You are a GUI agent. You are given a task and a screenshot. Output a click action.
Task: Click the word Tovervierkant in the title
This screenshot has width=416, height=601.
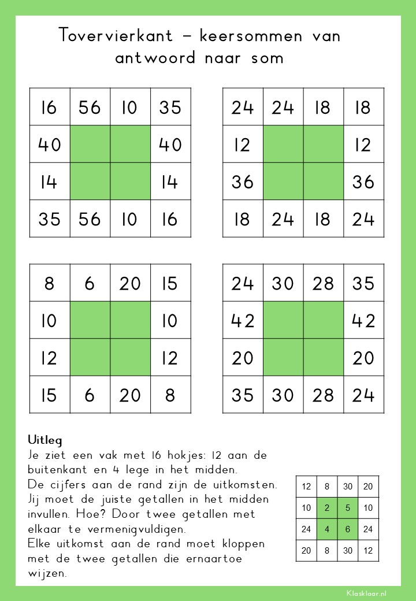click(116, 36)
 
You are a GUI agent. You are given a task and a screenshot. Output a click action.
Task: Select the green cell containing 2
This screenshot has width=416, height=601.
click(327, 509)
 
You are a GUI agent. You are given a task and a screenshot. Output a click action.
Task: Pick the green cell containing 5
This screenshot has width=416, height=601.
click(348, 509)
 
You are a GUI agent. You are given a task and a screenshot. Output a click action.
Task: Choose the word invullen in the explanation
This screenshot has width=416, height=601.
click(50, 514)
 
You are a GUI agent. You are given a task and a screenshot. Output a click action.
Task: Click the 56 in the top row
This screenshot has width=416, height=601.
click(90, 107)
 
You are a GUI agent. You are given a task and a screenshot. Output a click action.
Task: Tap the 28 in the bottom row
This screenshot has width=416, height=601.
click(323, 395)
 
